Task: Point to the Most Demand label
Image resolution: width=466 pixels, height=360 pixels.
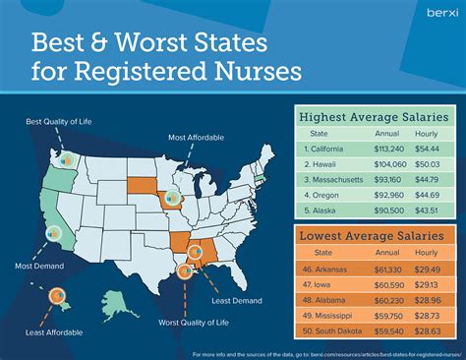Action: pos(32,265)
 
